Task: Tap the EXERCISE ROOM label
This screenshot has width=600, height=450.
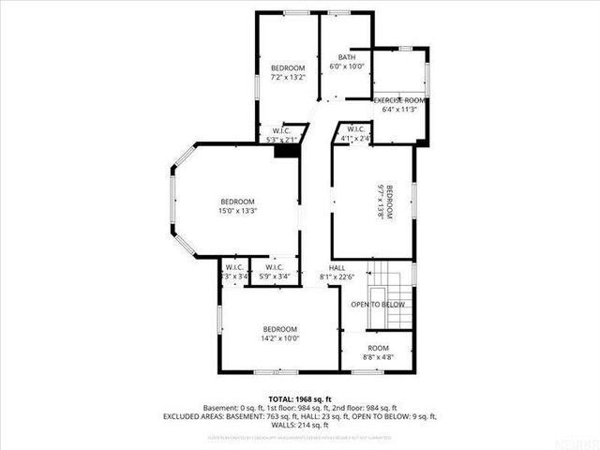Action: point(400,99)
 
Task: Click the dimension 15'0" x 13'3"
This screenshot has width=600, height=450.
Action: point(237,211)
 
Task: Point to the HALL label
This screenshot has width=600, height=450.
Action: point(337,267)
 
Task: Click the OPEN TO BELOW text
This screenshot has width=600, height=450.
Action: point(378,305)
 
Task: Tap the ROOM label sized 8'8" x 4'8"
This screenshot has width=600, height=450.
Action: point(379,347)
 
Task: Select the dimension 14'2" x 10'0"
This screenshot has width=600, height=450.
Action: point(279,338)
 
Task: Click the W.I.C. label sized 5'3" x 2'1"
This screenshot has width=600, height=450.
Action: point(280,130)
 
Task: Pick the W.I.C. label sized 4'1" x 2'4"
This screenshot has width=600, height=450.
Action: point(355,128)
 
